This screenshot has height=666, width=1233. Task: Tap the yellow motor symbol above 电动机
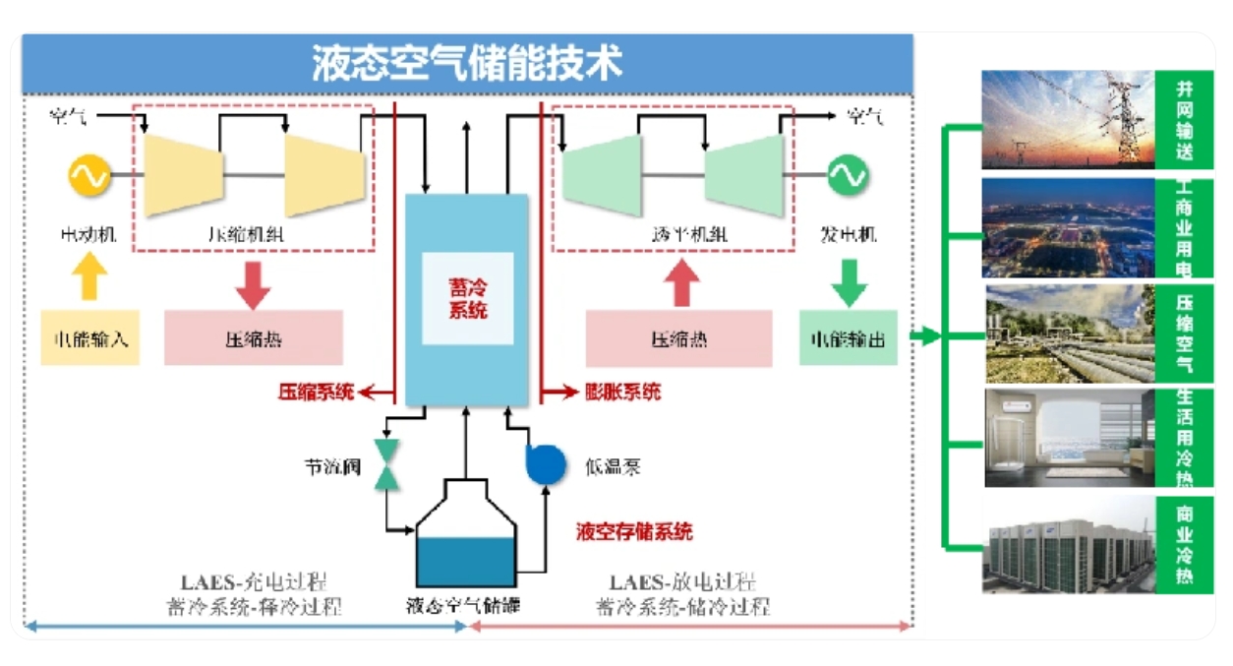88,176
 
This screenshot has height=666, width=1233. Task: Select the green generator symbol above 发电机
847,176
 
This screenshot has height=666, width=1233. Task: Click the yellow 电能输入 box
89,338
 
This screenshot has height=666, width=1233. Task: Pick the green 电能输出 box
848,338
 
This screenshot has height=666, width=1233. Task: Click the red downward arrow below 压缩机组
254,283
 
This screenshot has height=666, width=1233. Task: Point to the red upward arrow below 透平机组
680,283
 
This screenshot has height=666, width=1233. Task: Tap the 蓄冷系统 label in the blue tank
467,298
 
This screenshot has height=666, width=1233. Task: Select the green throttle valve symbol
387,464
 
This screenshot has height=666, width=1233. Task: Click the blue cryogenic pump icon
545,464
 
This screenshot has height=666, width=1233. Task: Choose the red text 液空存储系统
634,532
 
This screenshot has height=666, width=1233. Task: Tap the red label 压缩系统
315,393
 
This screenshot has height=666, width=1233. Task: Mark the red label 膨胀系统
623,393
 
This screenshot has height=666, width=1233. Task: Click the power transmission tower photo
1068,119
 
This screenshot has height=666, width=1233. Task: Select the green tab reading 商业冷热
1184,542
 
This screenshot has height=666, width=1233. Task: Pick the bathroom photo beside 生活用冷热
1069,438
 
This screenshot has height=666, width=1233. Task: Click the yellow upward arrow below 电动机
88,277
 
